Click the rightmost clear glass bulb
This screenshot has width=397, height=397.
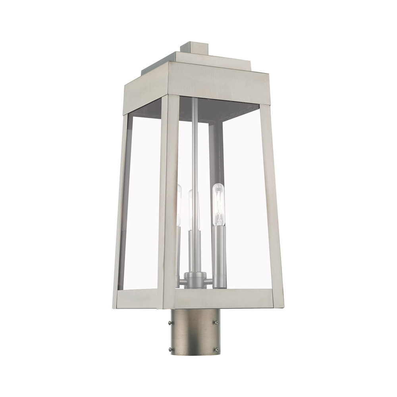218,206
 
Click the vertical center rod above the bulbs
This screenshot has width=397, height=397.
193,143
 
